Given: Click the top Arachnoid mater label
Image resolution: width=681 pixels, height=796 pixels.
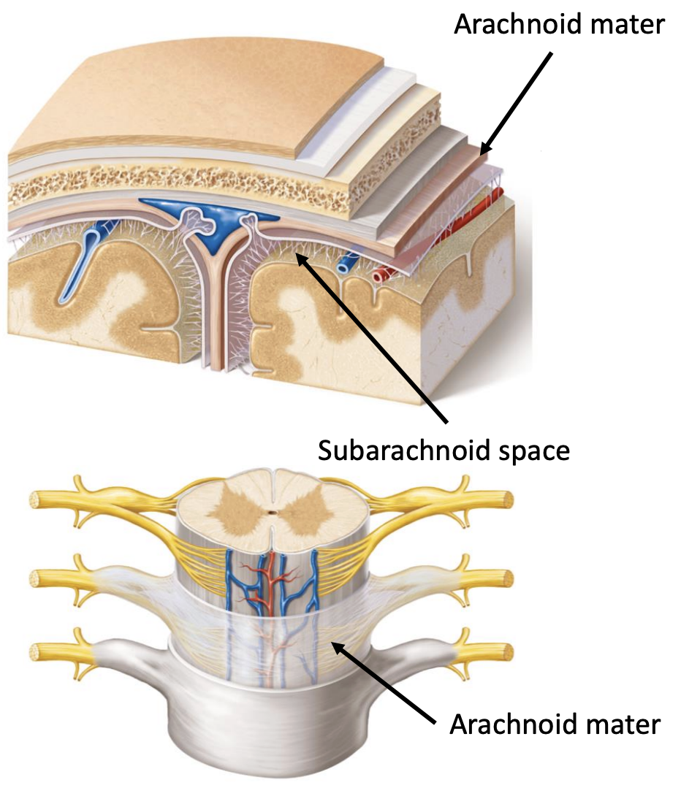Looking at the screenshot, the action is point(559,24).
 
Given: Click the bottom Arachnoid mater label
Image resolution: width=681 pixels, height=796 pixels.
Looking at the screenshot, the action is point(555,724).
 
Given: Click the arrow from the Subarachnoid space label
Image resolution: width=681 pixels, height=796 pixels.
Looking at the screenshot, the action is point(371,337).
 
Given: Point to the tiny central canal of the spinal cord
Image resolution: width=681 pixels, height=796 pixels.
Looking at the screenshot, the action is point(273,512).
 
